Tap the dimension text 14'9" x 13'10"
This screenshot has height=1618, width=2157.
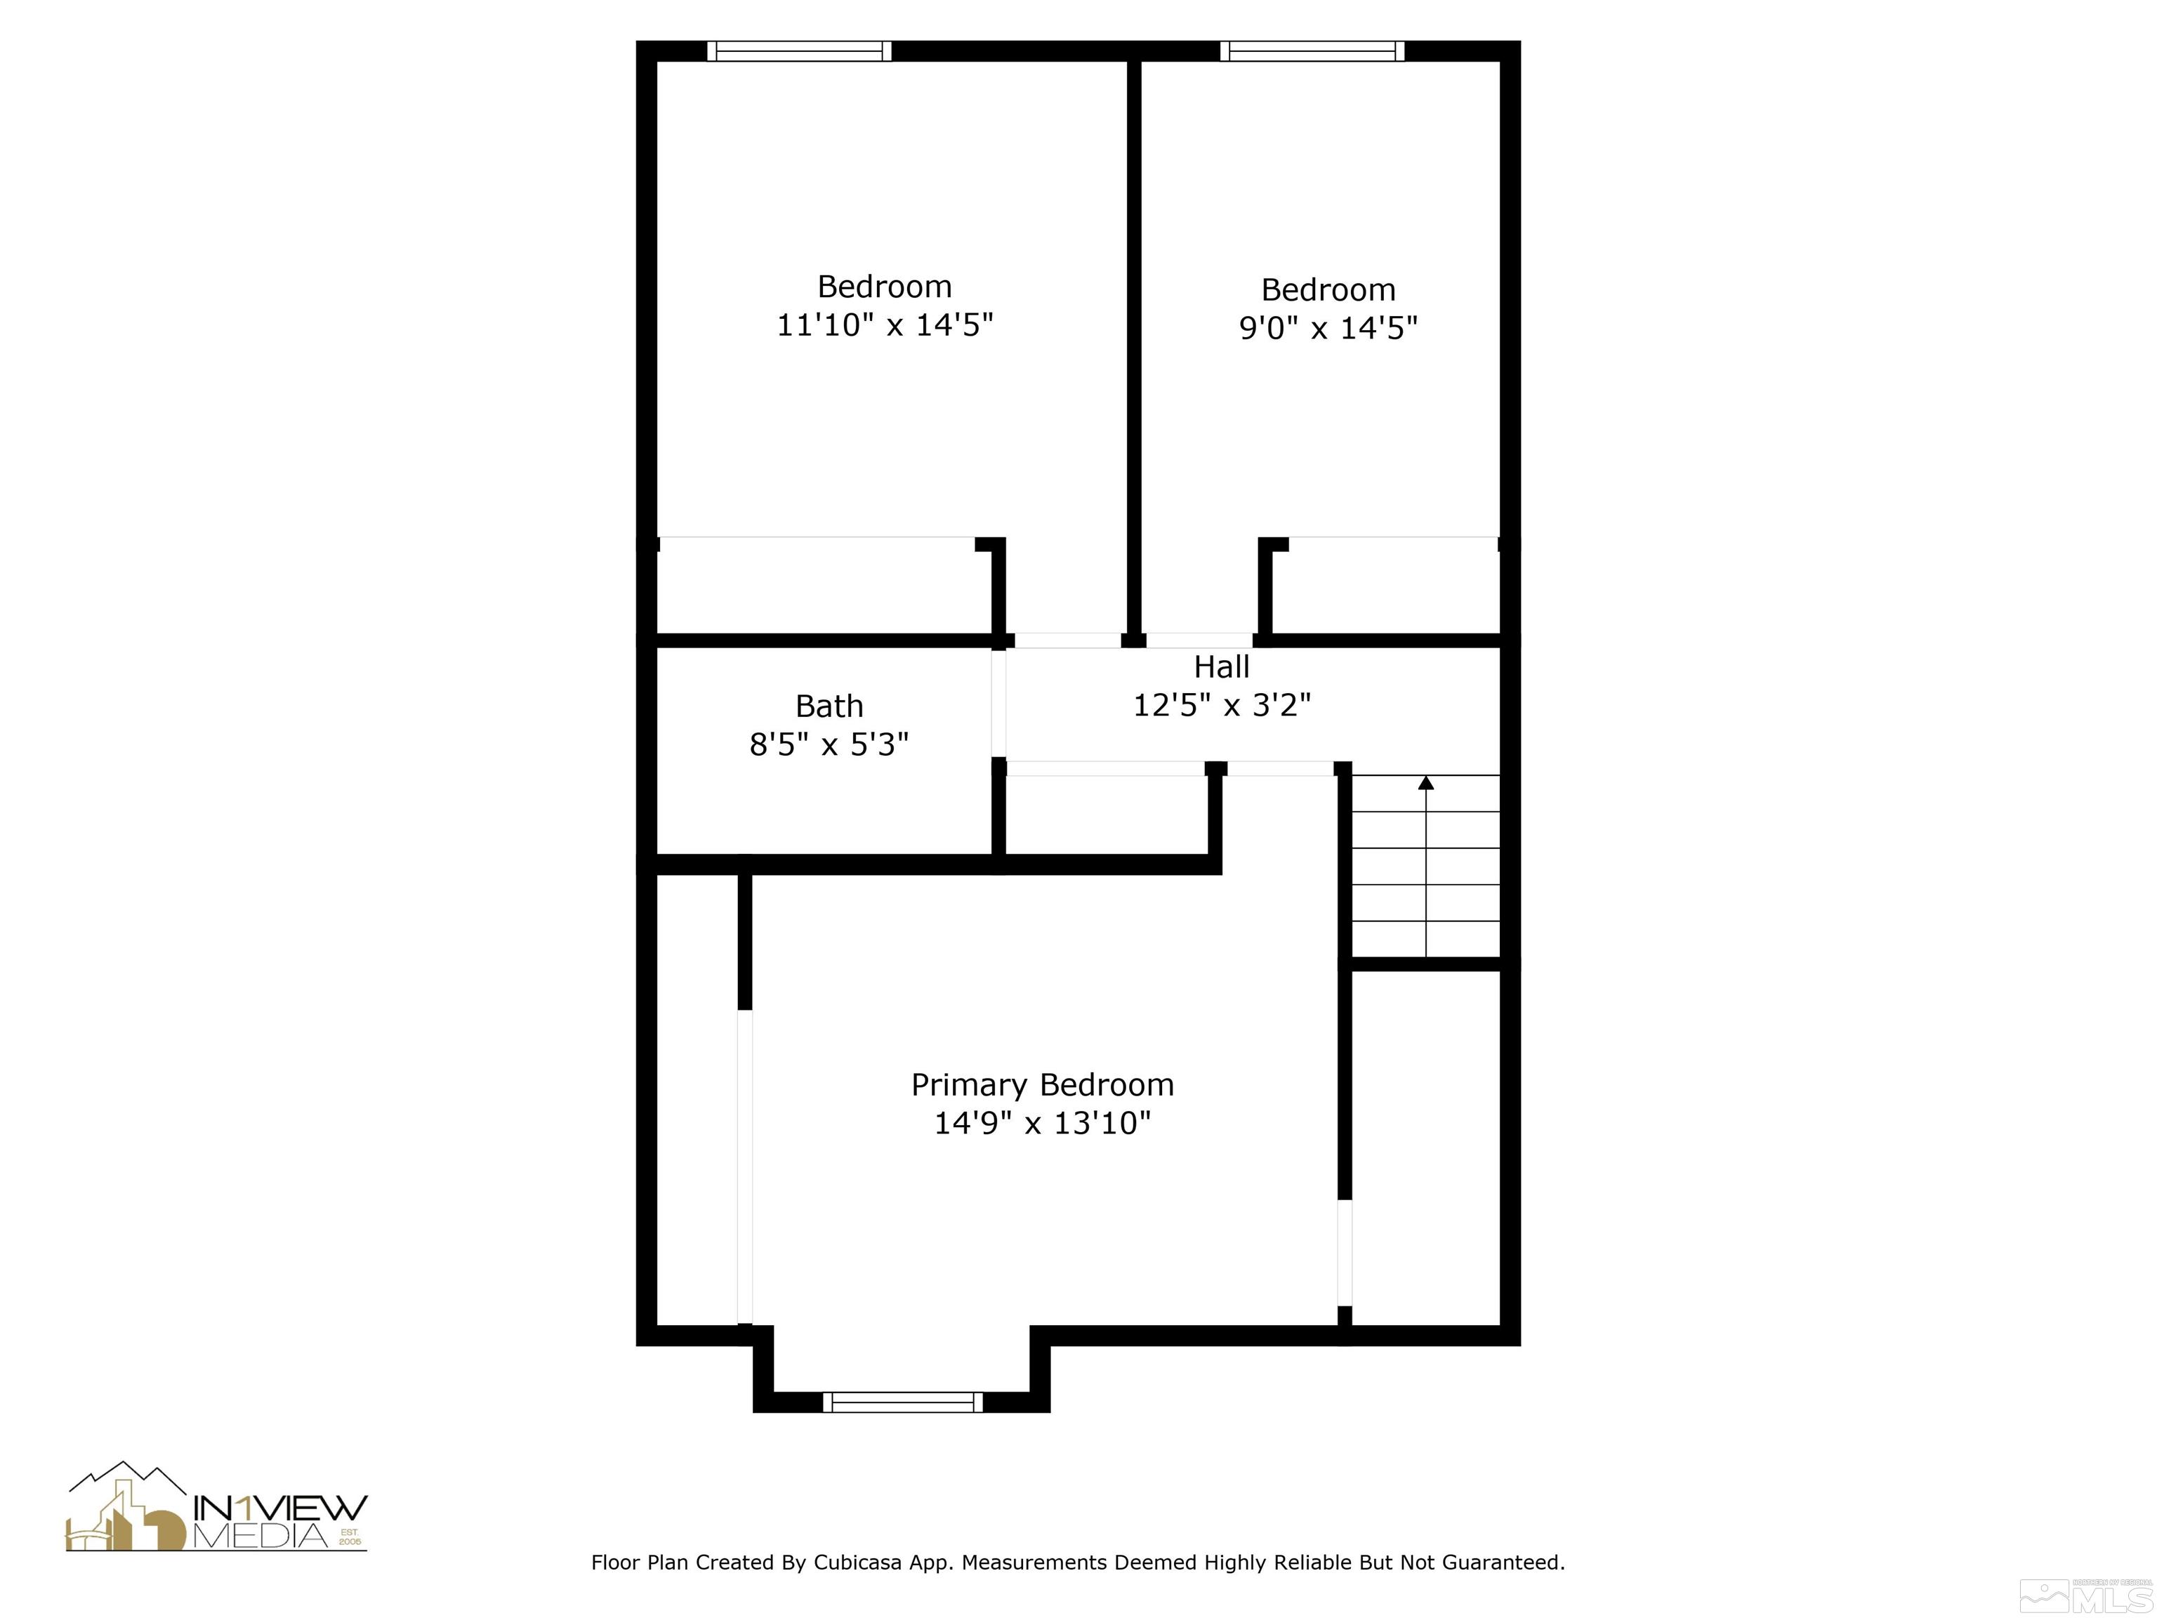pyautogui.click(x=1043, y=1124)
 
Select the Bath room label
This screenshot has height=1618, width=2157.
pyautogui.click(x=829, y=706)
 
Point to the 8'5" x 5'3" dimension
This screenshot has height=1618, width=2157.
pyautogui.click(x=829, y=745)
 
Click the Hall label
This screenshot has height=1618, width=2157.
pyautogui.click(x=1222, y=667)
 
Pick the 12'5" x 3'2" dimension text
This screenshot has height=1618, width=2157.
pyautogui.click(x=1222, y=705)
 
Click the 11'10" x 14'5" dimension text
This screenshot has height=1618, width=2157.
pyautogui.click(x=885, y=324)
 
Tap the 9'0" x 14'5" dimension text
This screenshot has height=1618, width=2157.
pyautogui.click(x=1328, y=328)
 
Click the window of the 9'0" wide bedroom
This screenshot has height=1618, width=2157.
pyautogui.click(x=1312, y=51)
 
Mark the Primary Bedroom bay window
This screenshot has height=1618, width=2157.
pyautogui.click(x=903, y=1402)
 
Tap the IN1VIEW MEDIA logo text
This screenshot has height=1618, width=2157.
pyautogui.click(x=281, y=1523)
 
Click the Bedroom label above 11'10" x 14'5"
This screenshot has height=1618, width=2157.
pyautogui.click(x=885, y=287)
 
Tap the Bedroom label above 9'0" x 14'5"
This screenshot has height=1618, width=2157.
pyautogui.click(x=1328, y=289)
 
